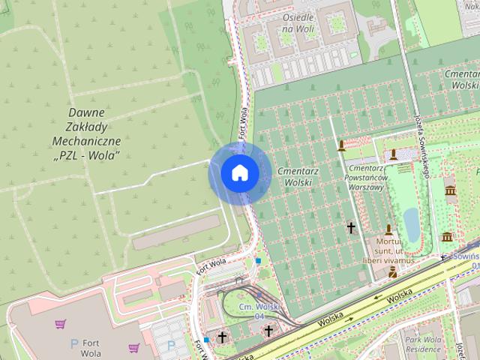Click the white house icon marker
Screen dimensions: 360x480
click(x=240, y=173)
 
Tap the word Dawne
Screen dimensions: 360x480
click(x=87, y=112)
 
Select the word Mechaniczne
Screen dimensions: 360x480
click(x=87, y=141)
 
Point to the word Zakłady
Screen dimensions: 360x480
click(x=87, y=127)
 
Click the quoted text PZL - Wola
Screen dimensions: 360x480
click(x=87, y=155)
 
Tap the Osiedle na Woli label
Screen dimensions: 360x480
click(x=298, y=23)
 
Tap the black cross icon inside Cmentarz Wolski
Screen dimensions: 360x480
click(x=351, y=226)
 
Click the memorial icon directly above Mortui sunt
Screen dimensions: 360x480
click(x=388, y=229)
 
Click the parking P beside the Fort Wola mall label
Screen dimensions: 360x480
click(x=73, y=343)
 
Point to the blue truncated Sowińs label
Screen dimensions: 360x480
click(x=463, y=256)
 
